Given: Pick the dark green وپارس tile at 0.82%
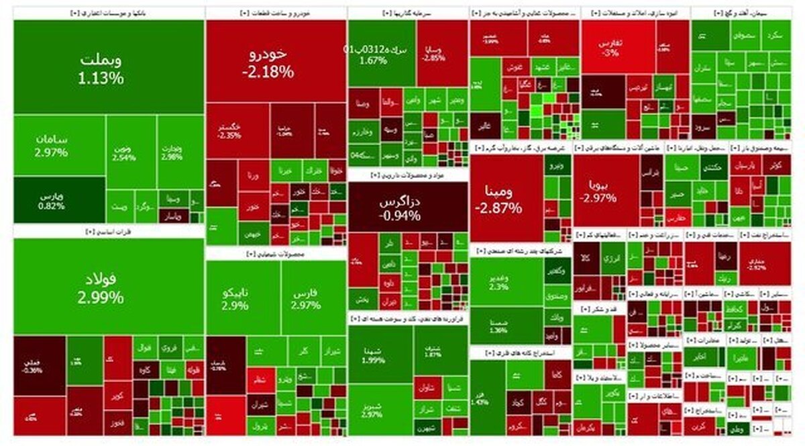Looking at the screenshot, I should pos(52,200).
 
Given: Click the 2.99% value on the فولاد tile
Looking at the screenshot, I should pos(101,298).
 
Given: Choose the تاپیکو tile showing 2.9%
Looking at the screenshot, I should pos(235,299).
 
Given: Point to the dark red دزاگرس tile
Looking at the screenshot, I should pos(398,208).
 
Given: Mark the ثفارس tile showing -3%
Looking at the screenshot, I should pos(610,47).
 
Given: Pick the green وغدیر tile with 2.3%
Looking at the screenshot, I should pos(499,281).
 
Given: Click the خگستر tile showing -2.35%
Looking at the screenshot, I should pos(230,130).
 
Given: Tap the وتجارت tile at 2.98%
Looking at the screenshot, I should pos(172,151).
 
